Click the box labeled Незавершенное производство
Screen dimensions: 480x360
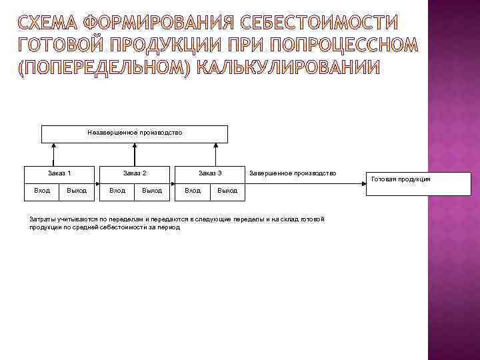click(135, 133)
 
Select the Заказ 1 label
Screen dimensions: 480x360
click(60, 173)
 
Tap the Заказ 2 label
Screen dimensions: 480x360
click(135, 173)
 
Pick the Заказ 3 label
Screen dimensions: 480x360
click(210, 173)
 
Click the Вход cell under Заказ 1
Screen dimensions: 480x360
click(41, 191)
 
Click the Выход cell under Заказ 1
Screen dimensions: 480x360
click(77, 191)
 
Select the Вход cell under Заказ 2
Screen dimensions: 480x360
click(117, 191)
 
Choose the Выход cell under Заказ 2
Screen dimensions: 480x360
click(152, 191)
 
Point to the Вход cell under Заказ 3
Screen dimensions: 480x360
click(192, 191)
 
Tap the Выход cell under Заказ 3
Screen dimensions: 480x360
click(227, 191)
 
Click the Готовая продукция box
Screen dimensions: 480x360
click(401, 179)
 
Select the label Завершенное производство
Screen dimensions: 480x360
click(293, 173)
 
